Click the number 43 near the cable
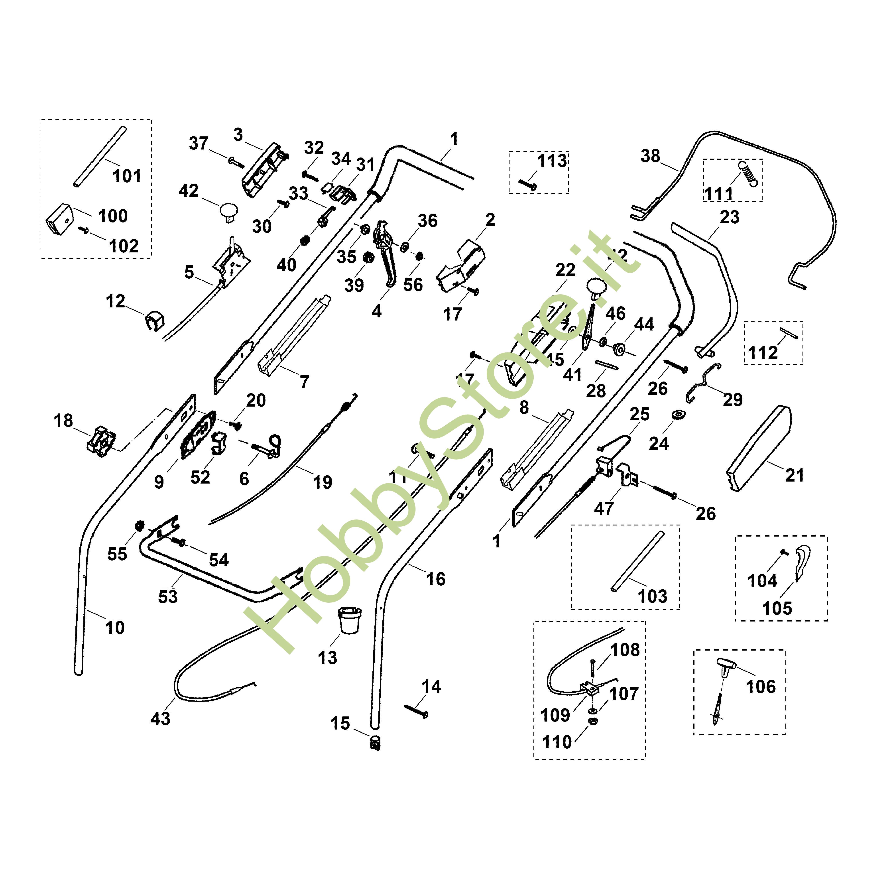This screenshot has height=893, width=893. click(x=160, y=719)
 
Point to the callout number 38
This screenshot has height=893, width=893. click(x=650, y=156)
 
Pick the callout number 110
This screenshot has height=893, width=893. click(x=557, y=742)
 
